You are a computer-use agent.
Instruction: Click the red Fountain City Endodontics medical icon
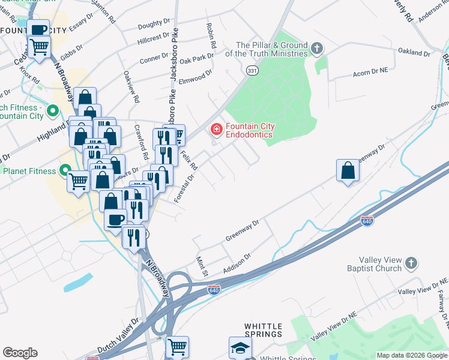[215, 128]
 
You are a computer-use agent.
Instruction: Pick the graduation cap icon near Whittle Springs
[240, 347]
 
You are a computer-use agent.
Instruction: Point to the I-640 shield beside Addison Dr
[214, 290]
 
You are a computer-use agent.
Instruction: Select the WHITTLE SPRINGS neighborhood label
[263, 330]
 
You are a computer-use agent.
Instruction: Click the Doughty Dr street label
[154, 24]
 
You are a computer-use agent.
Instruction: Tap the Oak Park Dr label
[196, 59]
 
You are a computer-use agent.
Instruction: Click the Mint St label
[201, 267]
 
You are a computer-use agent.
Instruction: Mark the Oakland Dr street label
[414, 53]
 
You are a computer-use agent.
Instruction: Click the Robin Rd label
[211, 37]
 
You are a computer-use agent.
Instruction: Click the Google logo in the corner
[20, 353]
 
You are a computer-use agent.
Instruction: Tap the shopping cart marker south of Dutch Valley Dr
[177, 347]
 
